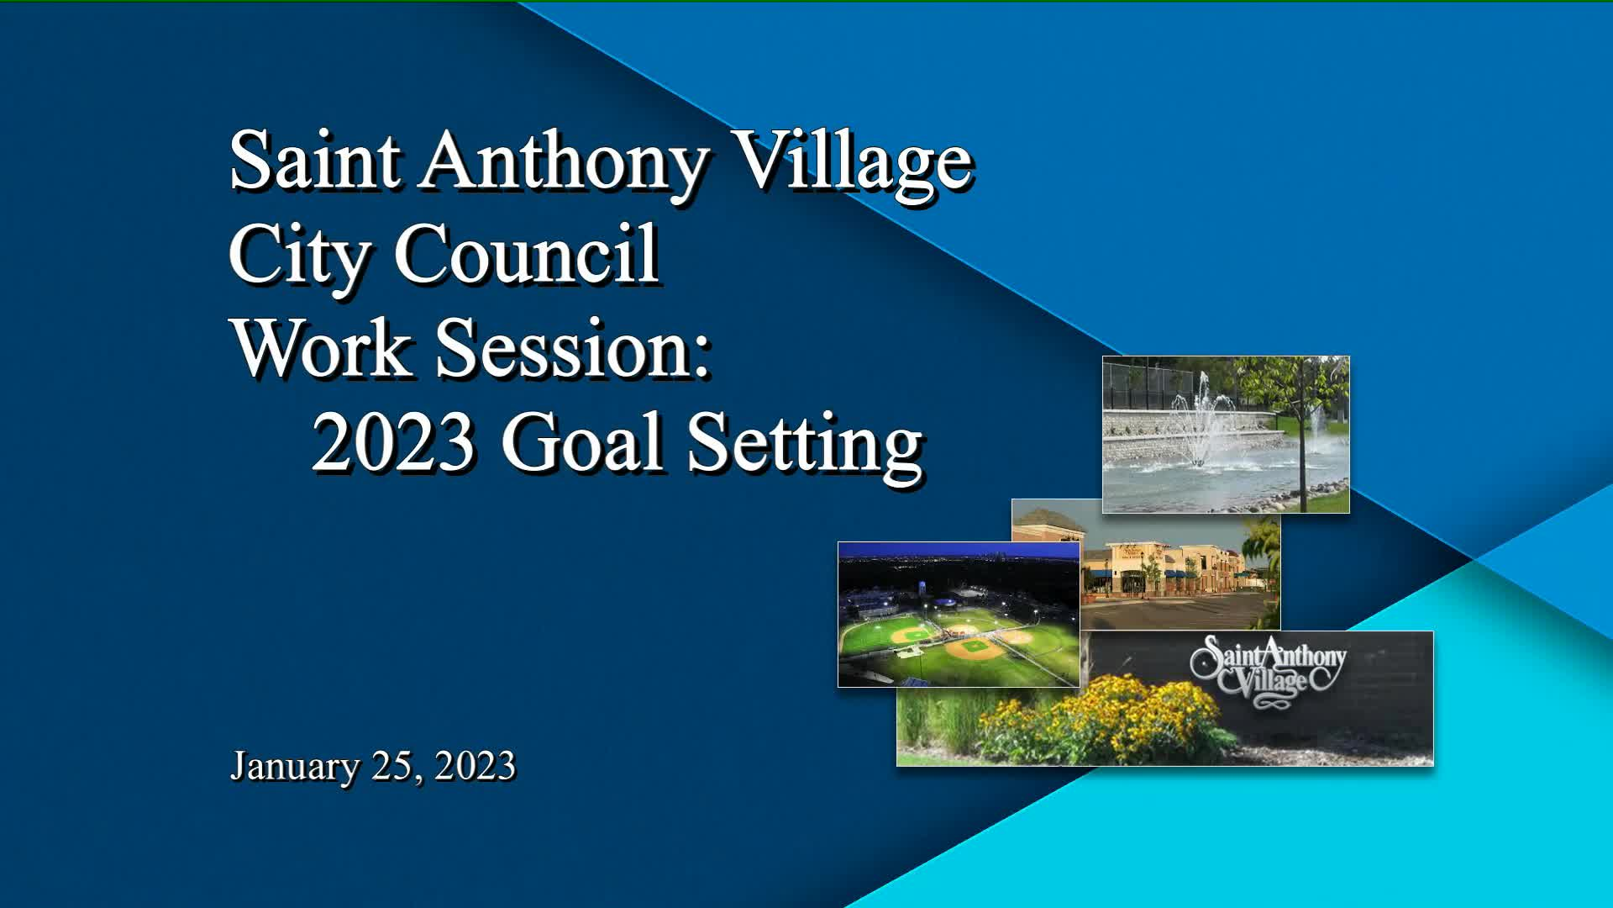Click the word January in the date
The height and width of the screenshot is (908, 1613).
(x=295, y=767)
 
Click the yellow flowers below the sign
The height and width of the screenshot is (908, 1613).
(x=1101, y=720)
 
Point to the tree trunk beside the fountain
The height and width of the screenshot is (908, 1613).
(x=1303, y=454)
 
